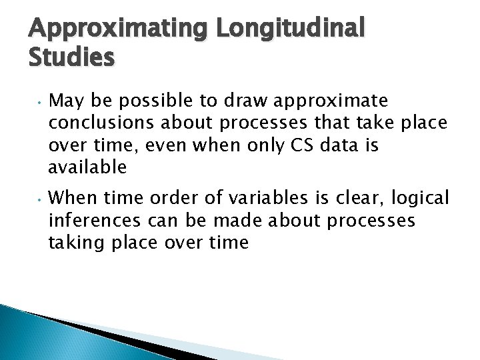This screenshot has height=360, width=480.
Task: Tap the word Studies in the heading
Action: click(72, 58)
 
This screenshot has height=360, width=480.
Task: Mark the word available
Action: click(87, 168)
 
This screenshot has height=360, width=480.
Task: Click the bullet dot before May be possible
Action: click(40, 103)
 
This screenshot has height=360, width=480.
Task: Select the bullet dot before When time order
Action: click(40, 200)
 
